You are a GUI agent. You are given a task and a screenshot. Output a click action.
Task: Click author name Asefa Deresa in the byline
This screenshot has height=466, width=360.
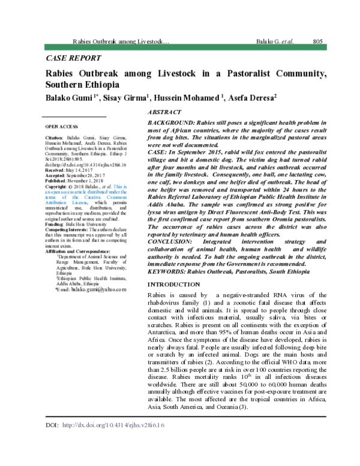[x=252, y=97]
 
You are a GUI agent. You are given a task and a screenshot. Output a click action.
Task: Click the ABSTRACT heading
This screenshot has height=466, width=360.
[x=164, y=113]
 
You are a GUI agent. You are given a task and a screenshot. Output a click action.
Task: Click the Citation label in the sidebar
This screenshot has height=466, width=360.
[x=55, y=138]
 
